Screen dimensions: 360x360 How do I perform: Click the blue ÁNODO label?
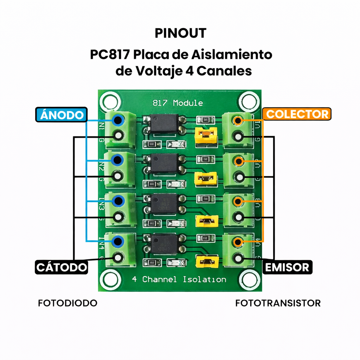[61, 115]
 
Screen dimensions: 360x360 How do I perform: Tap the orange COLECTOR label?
[297, 114]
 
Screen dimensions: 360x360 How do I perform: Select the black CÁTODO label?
[62, 267]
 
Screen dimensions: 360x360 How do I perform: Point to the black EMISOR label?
[287, 267]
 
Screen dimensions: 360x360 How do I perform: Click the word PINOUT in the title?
[180, 33]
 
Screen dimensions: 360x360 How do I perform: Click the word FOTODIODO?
[67, 303]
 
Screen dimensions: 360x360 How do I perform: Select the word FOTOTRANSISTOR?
[278, 303]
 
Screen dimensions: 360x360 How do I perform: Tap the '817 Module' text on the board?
[178, 103]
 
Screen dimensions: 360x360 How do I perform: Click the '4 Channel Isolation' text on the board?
[179, 279]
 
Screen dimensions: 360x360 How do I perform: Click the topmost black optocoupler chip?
[163, 123]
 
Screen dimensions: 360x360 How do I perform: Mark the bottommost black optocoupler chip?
[164, 244]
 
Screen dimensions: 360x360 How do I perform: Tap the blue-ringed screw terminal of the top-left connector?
[118, 120]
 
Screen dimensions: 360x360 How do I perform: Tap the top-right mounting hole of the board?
[249, 101]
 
